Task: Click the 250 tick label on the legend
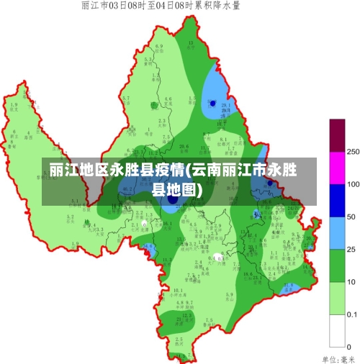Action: (354, 153)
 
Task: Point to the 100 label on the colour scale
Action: (353, 185)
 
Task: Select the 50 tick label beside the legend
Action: (351, 217)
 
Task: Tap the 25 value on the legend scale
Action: (351, 249)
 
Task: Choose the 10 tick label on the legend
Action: (351, 282)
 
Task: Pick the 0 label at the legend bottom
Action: (349, 347)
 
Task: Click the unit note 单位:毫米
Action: (339, 358)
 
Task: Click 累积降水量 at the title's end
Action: (222, 6)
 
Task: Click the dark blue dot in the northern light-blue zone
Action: (212, 104)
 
